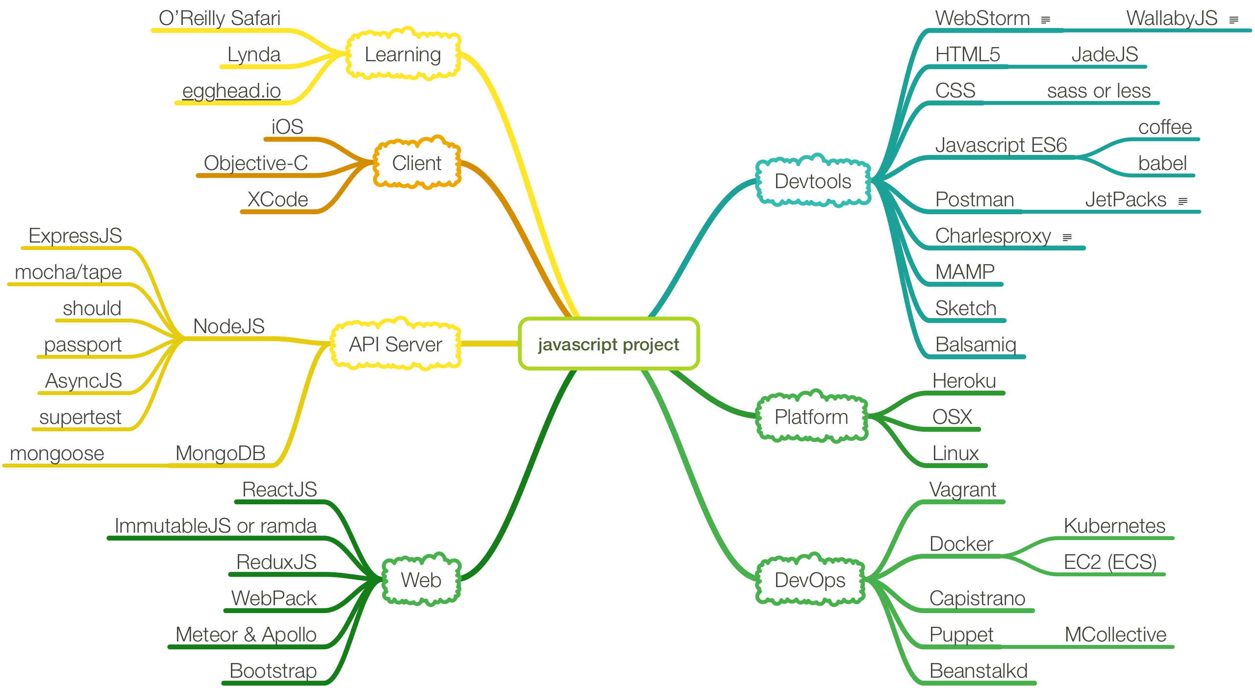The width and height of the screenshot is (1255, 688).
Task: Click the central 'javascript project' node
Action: coord(608,344)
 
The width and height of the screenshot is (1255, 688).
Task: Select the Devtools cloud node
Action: coord(813,181)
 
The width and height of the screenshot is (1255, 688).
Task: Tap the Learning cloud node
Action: coord(402,54)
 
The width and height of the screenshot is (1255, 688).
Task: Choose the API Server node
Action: coord(395,344)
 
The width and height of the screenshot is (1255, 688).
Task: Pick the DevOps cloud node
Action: coord(810,580)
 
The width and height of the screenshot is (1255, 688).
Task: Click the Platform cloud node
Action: coord(811,417)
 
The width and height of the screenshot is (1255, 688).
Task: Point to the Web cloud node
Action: coord(421,580)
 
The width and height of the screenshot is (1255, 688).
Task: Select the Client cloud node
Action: coord(417,163)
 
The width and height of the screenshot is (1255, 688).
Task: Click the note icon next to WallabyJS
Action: coord(1234,20)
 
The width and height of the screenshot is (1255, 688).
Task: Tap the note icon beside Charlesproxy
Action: coord(1067,238)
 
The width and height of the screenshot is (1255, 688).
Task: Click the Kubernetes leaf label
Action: coord(1114,526)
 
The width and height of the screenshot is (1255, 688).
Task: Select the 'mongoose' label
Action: coord(57,453)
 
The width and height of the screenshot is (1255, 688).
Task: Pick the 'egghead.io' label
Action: coord(231,91)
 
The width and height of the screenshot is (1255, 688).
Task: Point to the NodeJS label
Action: coord(228,326)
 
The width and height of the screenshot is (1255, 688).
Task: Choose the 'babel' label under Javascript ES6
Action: coord(1162,163)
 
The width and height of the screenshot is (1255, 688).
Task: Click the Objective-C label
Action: coord(256,163)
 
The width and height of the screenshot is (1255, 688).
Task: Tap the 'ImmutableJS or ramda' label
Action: coord(216,526)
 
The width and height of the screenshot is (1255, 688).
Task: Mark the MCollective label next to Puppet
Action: coord(1115,635)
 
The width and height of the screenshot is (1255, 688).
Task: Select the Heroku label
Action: coord(964,381)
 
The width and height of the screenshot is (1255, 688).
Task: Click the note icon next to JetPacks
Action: coord(1182,201)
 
